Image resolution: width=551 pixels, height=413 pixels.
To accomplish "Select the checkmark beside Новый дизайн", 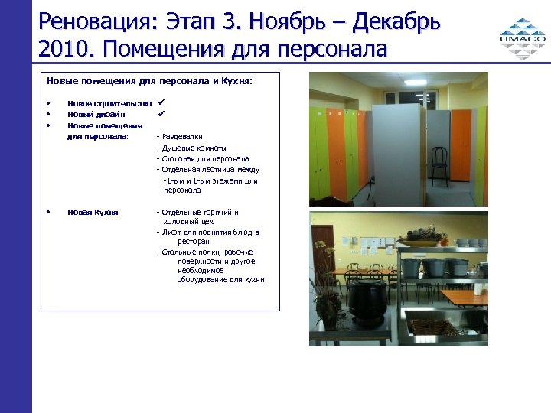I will [161, 114].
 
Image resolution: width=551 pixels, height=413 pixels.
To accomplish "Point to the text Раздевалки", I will [182, 137].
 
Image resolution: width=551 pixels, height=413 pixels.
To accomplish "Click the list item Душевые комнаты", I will [193, 148].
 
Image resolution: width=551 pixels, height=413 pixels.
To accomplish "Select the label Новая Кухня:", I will [93, 213].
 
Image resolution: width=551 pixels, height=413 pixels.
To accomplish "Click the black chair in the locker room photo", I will [439, 164].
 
